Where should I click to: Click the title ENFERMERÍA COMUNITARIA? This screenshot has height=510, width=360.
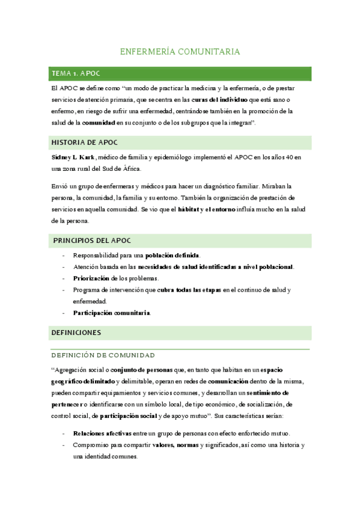[x=180, y=52]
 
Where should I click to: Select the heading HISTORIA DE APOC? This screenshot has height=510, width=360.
[x=85, y=143]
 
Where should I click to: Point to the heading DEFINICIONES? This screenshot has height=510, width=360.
[x=76, y=332]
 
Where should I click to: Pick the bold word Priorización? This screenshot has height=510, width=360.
[x=91, y=278]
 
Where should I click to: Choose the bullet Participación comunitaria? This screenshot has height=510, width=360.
[x=112, y=313]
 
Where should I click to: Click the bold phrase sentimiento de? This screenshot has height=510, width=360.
[x=278, y=393]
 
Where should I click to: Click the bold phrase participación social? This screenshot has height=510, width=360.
[x=129, y=416]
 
